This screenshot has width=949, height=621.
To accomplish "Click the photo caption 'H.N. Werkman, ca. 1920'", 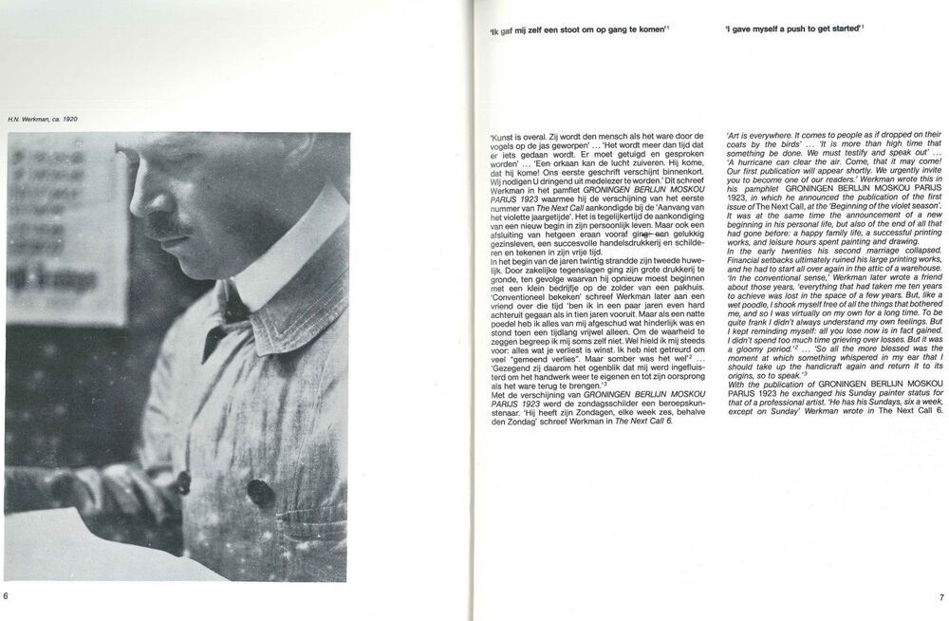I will tap(44, 119).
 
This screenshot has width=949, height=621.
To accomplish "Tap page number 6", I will tap(6, 596).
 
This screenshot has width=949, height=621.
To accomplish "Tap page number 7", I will tap(940, 597).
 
